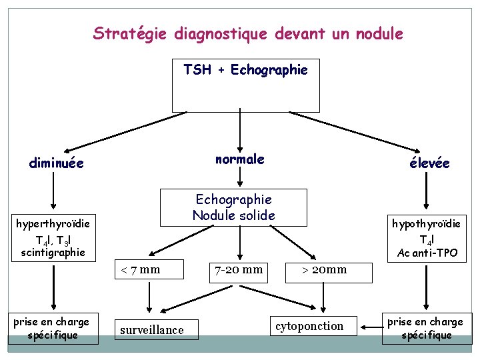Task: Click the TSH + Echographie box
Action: click(x=245, y=85)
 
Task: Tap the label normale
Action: click(x=239, y=159)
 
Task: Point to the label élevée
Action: click(x=429, y=163)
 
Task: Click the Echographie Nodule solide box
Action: click(x=233, y=207)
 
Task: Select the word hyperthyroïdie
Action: click(x=53, y=224)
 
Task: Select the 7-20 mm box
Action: click(x=238, y=270)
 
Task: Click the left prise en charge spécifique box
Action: click(x=53, y=329)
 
